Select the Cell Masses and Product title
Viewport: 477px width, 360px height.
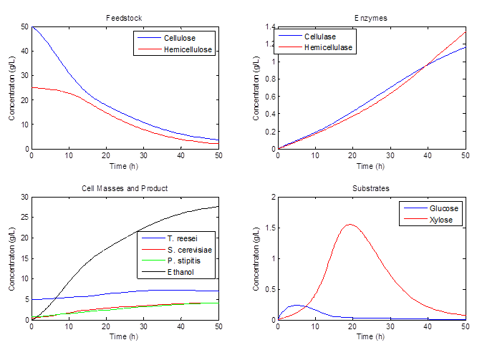tap(125, 188)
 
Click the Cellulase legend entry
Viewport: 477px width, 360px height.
tap(319, 37)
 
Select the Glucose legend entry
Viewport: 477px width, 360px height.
tap(443, 208)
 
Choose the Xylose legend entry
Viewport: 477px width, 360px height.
tap(440, 220)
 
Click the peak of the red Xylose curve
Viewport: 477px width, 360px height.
tap(351, 224)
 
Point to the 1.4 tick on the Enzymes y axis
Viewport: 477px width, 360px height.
tap(271, 27)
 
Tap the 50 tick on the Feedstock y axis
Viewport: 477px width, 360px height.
tap(24, 27)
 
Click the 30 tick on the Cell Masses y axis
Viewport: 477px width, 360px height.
tap(24, 198)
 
